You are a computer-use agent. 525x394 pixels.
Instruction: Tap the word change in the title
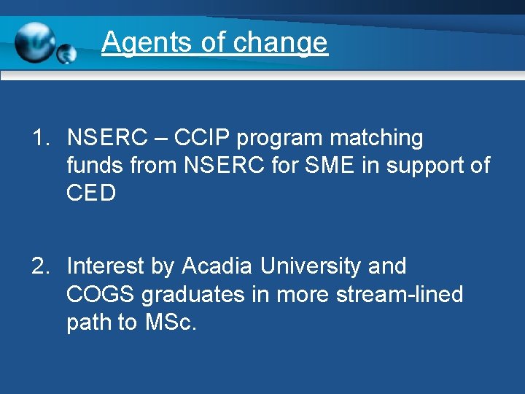(281, 42)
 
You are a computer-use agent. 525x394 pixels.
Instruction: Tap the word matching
(376, 138)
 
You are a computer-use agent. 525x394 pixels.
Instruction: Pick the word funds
(95, 166)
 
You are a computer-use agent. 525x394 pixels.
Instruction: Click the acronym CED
(91, 194)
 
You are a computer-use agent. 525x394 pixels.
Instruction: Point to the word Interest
(106, 266)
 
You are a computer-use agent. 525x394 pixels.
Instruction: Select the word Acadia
(217, 266)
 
